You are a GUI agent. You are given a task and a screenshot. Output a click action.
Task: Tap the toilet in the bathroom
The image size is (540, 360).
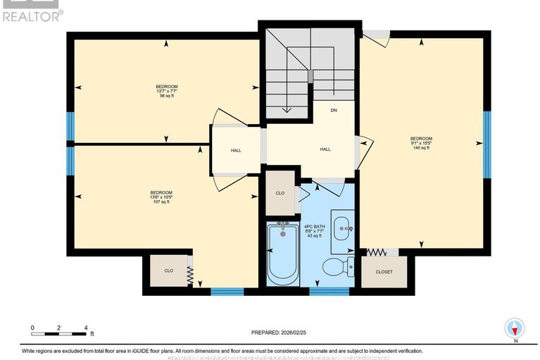335,266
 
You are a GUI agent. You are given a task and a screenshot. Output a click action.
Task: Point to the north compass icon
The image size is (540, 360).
515,328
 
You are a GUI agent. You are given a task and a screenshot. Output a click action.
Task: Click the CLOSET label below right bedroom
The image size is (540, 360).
384,272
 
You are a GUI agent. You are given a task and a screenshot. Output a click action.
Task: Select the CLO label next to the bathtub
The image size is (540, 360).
280,193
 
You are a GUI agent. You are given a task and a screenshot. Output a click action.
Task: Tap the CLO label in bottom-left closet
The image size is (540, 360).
168,270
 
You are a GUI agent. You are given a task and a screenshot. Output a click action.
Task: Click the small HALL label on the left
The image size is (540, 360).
237,150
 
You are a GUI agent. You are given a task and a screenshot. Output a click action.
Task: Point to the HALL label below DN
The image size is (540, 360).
325,149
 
